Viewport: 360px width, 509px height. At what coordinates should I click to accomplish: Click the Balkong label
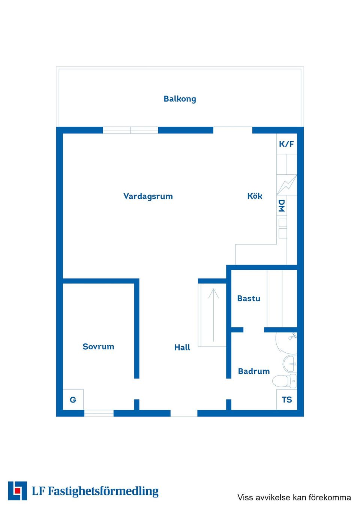click(180, 99)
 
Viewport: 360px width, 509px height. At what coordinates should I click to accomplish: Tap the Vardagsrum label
click(148, 196)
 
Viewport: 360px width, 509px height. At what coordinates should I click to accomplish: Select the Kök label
click(255, 196)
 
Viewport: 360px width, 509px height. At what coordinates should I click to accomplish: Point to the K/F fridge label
click(286, 144)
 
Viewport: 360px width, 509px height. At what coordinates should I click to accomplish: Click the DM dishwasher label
click(282, 206)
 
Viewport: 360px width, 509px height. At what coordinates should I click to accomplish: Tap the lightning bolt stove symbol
click(287, 185)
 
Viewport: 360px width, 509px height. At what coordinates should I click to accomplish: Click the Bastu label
click(249, 298)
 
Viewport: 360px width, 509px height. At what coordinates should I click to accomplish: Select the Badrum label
click(254, 371)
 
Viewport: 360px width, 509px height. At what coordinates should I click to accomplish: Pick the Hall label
click(182, 347)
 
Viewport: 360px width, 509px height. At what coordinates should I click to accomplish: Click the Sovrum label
click(98, 347)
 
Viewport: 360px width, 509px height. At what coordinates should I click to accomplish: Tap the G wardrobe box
click(73, 400)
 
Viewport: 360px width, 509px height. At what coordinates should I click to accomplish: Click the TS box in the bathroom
click(287, 400)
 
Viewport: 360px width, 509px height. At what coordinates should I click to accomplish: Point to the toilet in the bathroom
click(284, 380)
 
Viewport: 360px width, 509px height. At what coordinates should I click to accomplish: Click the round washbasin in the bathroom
click(289, 364)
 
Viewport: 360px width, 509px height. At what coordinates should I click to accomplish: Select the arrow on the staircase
click(213, 315)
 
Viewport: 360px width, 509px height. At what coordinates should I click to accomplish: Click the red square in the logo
click(17, 491)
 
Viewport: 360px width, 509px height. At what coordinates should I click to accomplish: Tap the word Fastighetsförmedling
click(103, 491)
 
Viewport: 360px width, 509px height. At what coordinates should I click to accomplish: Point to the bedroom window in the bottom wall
click(99, 413)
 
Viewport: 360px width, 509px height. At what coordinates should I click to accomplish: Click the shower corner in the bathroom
click(286, 343)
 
